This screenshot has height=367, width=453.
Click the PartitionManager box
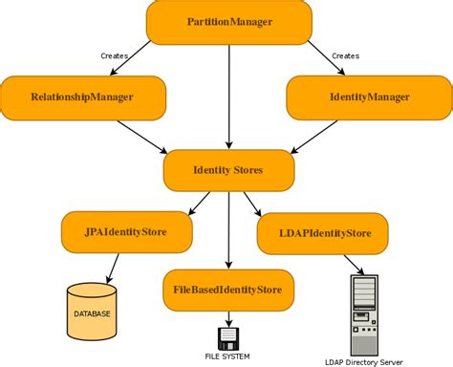(228, 22)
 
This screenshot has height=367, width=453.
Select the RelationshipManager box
(82, 97)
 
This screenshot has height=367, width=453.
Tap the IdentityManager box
(368, 97)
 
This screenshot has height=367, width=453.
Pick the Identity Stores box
(227, 170)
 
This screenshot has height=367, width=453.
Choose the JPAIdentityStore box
(126, 231)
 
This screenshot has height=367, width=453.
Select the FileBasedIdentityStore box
(228, 288)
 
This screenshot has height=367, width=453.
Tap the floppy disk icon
(228, 337)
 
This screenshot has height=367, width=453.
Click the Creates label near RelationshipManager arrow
(115, 56)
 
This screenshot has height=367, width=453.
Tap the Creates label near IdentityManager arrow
(345, 56)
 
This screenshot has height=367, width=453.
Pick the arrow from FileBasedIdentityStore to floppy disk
(228, 316)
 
